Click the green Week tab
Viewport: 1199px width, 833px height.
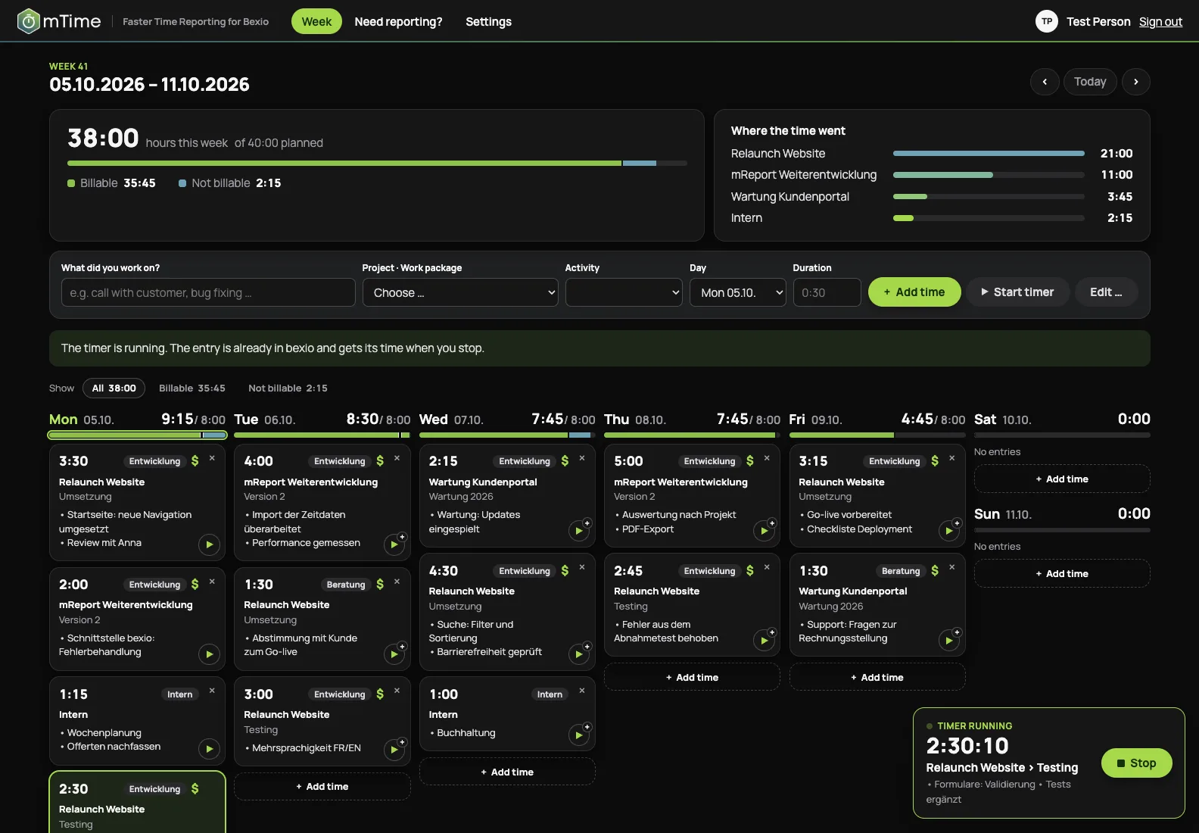[316, 21]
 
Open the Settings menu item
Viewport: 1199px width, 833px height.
[488, 21]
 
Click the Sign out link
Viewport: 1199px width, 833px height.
[1160, 21]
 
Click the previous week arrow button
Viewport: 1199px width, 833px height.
[1045, 81]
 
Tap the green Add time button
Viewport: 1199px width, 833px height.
[914, 292]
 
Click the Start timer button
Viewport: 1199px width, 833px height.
[1017, 292]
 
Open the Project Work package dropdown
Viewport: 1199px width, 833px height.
[459, 292]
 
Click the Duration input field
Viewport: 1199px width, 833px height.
[827, 292]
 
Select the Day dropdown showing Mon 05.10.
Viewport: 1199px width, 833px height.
[737, 292]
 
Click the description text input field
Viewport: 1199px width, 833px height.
[207, 292]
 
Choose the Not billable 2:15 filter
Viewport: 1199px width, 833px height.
[288, 388]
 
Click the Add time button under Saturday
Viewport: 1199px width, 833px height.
[1061, 479]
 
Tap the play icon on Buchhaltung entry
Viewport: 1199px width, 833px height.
[578, 735]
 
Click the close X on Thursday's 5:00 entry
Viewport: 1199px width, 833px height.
[767, 458]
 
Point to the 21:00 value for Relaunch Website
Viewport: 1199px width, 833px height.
[1116, 153]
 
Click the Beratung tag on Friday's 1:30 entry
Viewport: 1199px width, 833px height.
[900, 571]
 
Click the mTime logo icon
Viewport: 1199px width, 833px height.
[28, 21]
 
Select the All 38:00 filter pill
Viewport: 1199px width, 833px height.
[114, 388]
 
